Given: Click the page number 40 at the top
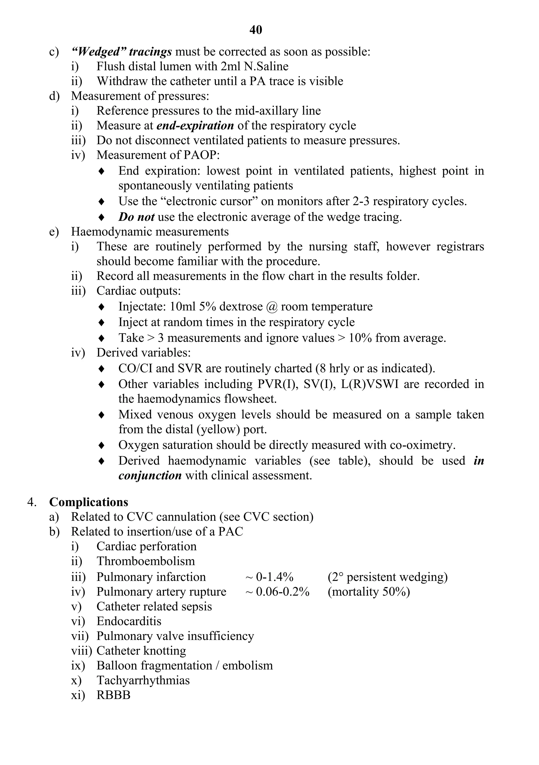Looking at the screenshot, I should click(256, 30).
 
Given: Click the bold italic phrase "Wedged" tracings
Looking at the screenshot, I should click(122, 52).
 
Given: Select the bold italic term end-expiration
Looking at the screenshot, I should click(195, 126).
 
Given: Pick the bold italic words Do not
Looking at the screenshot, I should click(136, 217).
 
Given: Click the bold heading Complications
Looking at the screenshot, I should click(89, 502).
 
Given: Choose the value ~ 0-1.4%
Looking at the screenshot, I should click(269, 577).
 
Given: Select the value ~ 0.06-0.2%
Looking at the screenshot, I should click(277, 592).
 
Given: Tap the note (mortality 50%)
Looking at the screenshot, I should click(368, 592).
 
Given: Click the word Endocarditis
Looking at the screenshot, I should click(129, 621).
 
